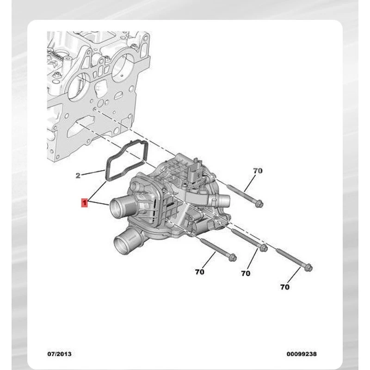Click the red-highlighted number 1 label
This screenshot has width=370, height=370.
point(84,203)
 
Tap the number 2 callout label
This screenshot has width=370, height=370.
point(78,175)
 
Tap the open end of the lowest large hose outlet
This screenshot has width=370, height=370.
point(121,246)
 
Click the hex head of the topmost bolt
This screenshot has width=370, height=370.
point(259,203)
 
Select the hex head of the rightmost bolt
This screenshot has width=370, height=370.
point(308,268)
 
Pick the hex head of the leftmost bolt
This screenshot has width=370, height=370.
point(233,258)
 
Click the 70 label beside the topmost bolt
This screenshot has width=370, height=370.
point(258,170)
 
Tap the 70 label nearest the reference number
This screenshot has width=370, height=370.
point(285,287)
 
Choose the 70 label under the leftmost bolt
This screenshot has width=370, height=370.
point(200,272)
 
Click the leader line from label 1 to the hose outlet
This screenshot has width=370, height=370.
point(99,203)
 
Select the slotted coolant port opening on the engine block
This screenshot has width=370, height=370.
point(80,127)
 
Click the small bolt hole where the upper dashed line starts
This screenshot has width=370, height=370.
point(94,109)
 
